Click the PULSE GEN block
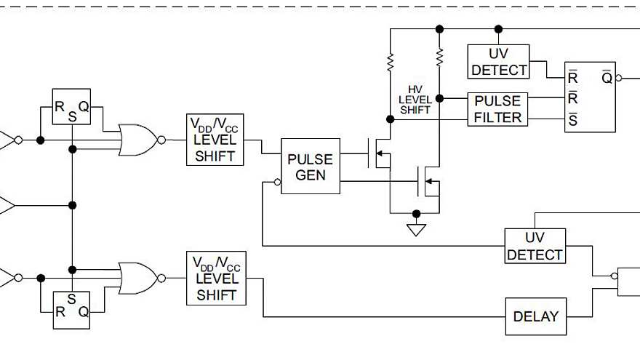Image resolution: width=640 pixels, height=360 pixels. click(x=311, y=167)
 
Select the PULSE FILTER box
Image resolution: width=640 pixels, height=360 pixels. click(x=497, y=108)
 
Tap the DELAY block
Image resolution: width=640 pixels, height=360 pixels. click(x=535, y=316)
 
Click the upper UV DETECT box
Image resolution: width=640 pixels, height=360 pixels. click(x=498, y=62)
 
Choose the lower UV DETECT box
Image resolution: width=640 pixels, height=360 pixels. click(x=535, y=246)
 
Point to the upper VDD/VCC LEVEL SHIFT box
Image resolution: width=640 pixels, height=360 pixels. click(x=215, y=140)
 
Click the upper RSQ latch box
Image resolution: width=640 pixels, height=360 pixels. click(x=71, y=108)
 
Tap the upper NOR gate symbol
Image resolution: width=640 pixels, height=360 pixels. click(x=139, y=139)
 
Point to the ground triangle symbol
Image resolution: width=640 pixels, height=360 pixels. click(x=416, y=230)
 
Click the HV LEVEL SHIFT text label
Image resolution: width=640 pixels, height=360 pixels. click(x=415, y=100)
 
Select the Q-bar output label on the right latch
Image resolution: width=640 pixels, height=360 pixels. click(x=607, y=77)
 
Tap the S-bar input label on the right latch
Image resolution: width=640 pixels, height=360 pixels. click(x=573, y=120)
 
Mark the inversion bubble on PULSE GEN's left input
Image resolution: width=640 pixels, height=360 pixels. click(x=278, y=181)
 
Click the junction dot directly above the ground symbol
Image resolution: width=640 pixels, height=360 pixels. click(x=416, y=214)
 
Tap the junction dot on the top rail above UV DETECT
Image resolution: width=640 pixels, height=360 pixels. click(x=498, y=29)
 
